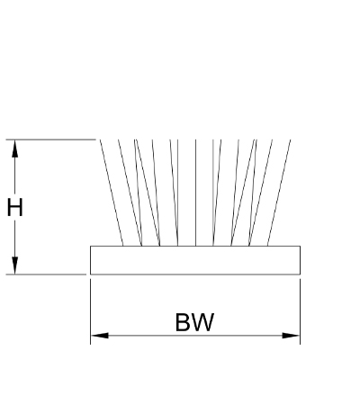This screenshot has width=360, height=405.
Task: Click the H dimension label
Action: pyautogui.click(x=14, y=207)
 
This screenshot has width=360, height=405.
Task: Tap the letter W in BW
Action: pyautogui.click(x=202, y=322)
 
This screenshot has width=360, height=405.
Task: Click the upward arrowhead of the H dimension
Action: pyautogui.click(x=14, y=148)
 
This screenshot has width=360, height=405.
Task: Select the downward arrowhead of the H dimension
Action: pyautogui.click(x=14, y=265)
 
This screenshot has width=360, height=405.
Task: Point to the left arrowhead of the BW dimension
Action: pyautogui.click(x=100, y=336)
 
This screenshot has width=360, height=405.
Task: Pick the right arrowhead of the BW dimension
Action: pyautogui.click(x=291, y=336)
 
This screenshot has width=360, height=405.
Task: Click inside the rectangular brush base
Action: pyautogui.click(x=195, y=260)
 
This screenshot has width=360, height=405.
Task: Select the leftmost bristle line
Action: pyautogui.click(x=112, y=193)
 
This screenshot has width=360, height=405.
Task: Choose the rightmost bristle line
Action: pyautogui.click(x=279, y=193)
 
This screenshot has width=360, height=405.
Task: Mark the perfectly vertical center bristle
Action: pyautogui.click(x=195, y=193)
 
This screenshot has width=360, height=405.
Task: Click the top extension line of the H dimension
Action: pyautogui.click(x=51, y=139)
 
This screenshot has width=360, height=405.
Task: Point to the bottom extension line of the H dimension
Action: pyautogui.click(x=46, y=274)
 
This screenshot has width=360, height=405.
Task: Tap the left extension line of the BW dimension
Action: pyautogui.click(x=90, y=311)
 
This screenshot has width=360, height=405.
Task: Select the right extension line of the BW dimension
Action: pyautogui.click(x=300, y=311)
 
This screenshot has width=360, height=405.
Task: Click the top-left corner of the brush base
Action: pyautogui.click(x=90, y=246)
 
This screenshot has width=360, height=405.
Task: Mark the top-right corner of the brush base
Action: pyautogui.click(x=300, y=246)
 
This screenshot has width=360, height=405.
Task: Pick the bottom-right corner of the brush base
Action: pyautogui.click(x=300, y=274)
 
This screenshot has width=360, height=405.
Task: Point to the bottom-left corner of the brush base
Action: pyautogui.click(x=90, y=274)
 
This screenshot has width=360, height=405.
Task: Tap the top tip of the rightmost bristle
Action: pyautogui.click(x=291, y=139)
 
